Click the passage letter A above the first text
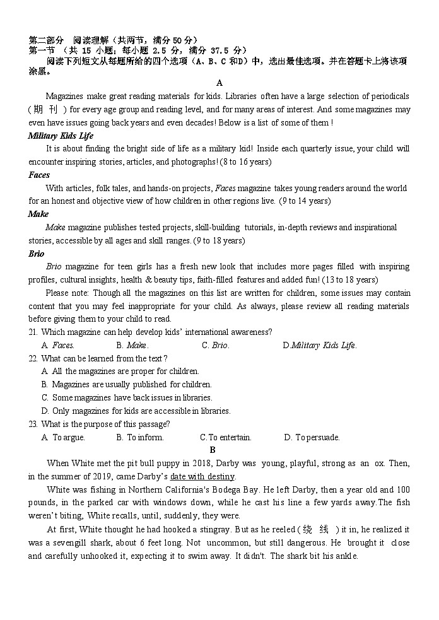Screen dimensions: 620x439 (220, 83)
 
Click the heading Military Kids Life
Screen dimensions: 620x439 (61, 136)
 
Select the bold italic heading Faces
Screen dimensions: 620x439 (39, 175)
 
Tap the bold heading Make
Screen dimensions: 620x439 (38, 214)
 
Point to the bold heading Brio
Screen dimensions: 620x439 (37, 254)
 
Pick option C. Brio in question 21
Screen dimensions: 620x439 (216, 346)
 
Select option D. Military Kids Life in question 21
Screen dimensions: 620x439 (320, 346)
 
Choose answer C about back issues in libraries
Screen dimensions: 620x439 (127, 398)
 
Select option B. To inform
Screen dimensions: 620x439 (140, 437)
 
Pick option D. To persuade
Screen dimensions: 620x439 (312, 437)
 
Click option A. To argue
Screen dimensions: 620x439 (63, 437)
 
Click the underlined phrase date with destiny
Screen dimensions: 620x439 (202, 477)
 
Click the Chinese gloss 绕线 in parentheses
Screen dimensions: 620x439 (317, 529)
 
